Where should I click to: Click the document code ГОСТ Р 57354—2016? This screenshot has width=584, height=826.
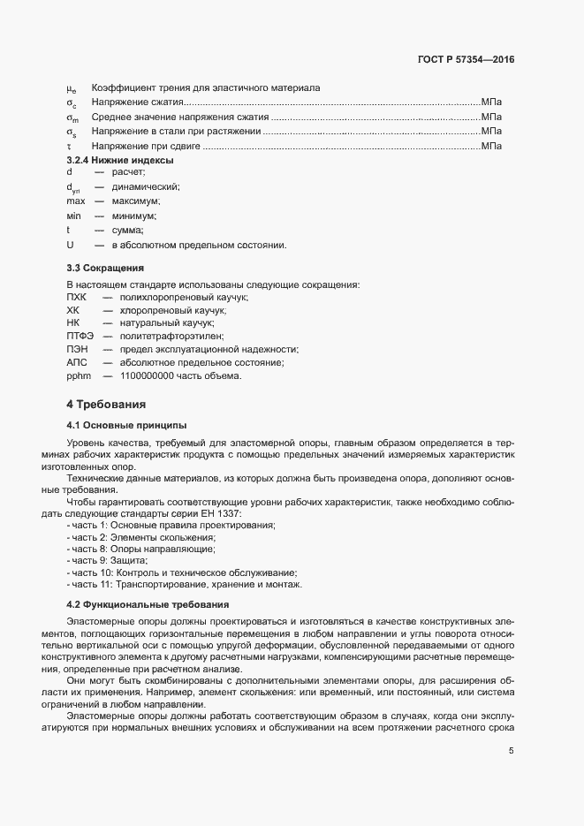[466, 59]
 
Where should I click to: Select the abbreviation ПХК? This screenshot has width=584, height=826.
[77, 298]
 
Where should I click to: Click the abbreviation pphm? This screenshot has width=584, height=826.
[79, 375]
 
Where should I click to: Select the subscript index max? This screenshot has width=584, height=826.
[76, 201]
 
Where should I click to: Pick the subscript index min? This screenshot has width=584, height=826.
[74, 216]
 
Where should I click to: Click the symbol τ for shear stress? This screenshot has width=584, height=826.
[69, 146]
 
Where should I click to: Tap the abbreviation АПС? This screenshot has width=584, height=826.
[78, 362]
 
